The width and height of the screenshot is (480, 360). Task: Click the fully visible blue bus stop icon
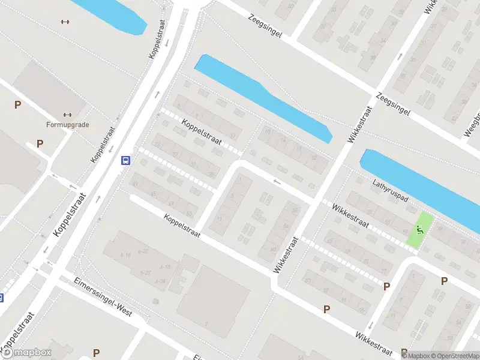[x=126, y=160]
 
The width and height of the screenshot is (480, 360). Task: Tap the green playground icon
[x=421, y=229]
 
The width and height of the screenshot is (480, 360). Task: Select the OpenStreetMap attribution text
[x=454, y=356]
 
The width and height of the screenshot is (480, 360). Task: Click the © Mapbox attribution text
[x=416, y=356]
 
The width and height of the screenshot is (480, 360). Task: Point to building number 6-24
[x=160, y=280]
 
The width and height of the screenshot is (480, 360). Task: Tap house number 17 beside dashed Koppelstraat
[x=232, y=136]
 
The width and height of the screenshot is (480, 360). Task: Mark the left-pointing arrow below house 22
[x=277, y=182]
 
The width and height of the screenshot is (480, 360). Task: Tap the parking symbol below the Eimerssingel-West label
[x=96, y=352]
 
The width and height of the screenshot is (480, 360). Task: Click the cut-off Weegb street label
[x=474, y=123]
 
